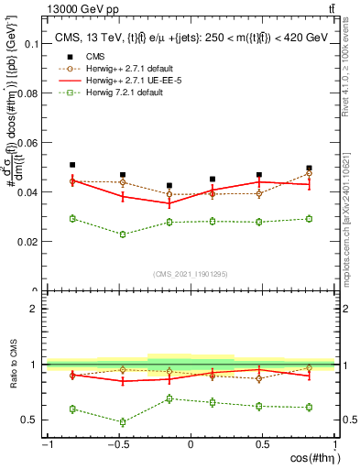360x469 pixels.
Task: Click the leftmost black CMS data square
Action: (72, 165)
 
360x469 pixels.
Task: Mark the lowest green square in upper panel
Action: (123, 234)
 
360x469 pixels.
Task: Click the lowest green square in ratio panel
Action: (123, 422)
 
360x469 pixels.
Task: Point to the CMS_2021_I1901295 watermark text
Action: (191, 274)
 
